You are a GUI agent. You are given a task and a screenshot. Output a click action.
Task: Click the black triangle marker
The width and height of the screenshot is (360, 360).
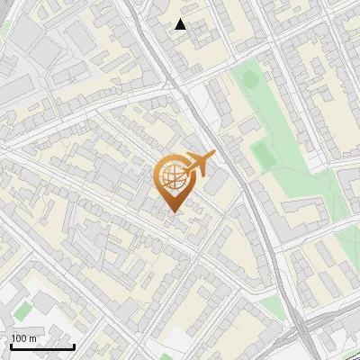click(181, 24)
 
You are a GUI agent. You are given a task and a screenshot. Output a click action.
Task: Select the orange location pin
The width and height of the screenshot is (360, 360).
click(175, 183)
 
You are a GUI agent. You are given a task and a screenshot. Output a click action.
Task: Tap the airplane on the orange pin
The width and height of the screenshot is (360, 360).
click(198, 166)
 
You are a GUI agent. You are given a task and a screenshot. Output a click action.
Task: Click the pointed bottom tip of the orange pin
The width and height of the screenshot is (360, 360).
click(174, 211)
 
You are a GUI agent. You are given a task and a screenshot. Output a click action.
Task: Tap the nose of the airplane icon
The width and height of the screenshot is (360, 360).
click(213, 156)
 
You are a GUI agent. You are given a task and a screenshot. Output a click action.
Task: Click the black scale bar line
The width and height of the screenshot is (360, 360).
click(42, 346)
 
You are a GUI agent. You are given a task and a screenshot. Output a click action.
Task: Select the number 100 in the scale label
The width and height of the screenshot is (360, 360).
click(20, 338)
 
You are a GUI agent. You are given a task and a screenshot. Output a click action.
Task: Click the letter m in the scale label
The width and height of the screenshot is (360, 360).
click(33, 338)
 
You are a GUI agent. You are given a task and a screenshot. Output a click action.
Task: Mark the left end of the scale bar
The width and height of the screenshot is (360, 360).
click(11, 346)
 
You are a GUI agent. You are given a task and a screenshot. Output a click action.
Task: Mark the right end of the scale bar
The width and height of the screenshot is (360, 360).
click(74, 346)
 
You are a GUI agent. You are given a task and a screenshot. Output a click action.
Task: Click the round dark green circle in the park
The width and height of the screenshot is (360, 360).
click(249, 80)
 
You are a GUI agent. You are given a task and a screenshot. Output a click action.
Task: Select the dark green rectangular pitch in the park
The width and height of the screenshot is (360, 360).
click(263, 155)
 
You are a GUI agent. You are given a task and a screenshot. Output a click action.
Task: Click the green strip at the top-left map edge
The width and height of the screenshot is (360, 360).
click(4, 31)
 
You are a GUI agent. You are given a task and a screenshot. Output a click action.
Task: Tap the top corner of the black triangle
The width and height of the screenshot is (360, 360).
click(181, 19)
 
